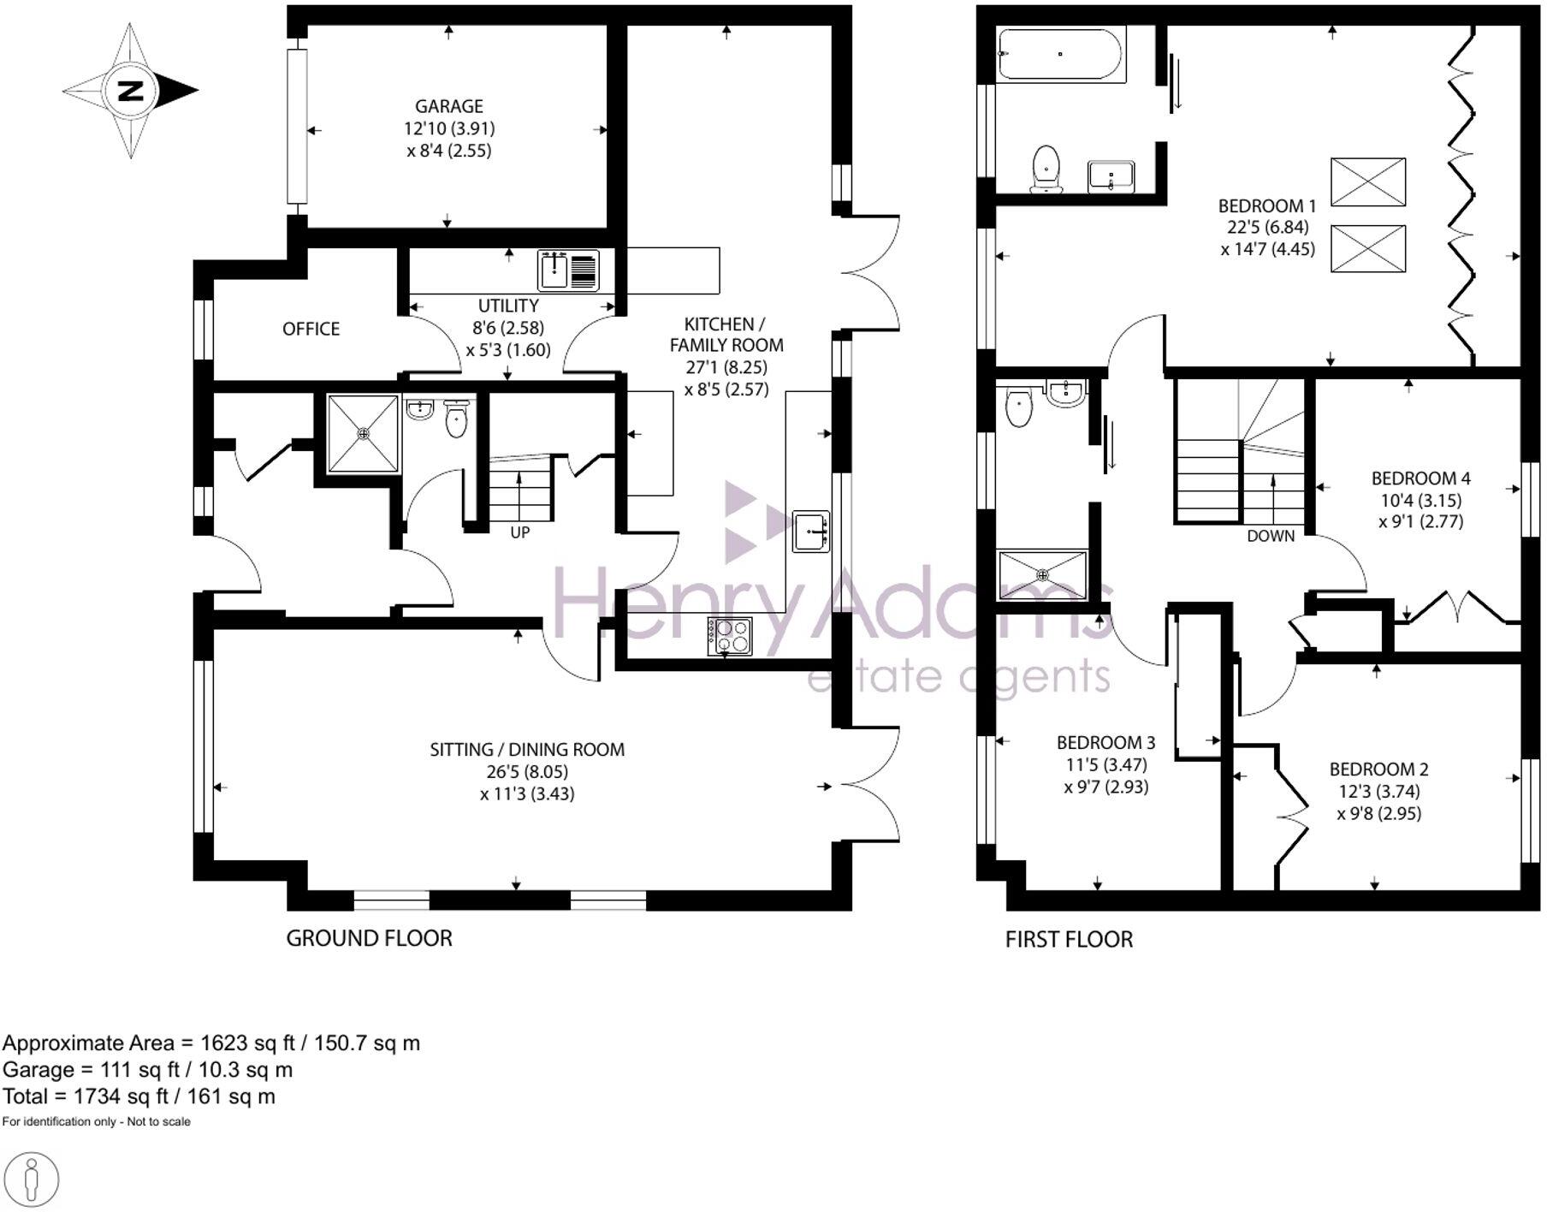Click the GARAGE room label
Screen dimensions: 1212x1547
coord(449,106)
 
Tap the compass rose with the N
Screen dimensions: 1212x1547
coord(130,91)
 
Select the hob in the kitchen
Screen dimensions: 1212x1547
coord(730,636)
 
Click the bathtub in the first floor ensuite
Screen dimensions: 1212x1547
coord(1061,54)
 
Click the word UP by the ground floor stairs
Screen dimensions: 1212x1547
coord(519,532)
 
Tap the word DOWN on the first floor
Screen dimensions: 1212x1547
coord(1271,537)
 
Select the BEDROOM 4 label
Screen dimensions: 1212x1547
coord(1420,478)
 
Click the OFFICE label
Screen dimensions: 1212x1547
coord(311,330)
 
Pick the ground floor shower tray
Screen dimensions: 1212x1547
coord(364,433)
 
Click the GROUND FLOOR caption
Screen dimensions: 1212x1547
coord(369,939)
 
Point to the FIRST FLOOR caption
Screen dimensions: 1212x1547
coord(1069,940)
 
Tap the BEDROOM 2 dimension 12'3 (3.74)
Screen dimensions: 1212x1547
coord(1378,792)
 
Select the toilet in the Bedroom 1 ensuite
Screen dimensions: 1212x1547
coord(1046,168)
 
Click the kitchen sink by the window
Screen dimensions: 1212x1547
coord(810,532)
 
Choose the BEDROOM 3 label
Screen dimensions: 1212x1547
coord(1105,743)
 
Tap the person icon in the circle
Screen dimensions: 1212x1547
coord(32,1180)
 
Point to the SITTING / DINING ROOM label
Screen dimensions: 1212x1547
coord(527,750)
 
